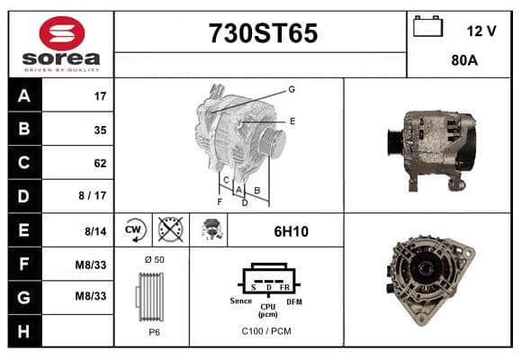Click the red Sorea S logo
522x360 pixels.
62,33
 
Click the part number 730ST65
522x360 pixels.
263,33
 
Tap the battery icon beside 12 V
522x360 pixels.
427,26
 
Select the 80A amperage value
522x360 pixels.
464,60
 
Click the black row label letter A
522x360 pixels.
24,96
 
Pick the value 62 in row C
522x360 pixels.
100,163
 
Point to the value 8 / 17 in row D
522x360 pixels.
93,195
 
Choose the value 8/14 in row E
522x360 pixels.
95,231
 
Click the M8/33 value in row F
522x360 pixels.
91,265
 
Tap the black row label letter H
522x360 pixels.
23,331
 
